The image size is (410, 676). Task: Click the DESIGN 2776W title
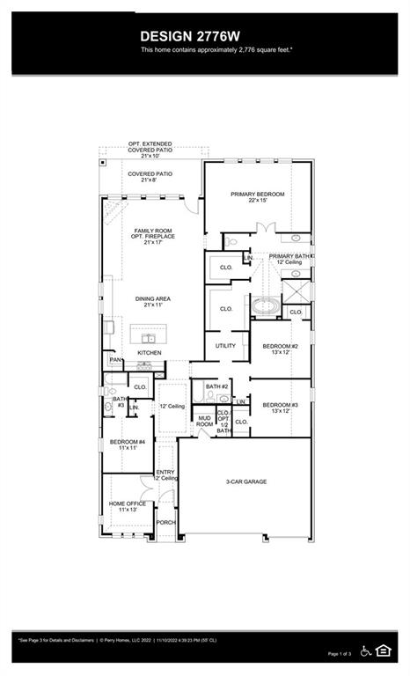204,36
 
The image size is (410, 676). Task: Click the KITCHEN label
149,353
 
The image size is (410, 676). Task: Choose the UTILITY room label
225,346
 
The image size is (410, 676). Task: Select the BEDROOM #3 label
280,407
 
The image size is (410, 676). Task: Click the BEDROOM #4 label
127,444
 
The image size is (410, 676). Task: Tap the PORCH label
165,522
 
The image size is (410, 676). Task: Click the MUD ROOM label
204,420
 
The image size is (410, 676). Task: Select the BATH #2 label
216,386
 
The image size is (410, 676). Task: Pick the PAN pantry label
114,359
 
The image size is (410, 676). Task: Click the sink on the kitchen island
150,338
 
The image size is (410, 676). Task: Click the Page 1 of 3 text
339,654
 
